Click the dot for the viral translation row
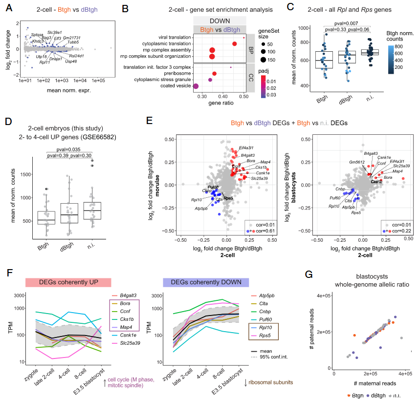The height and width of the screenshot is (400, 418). tap(244, 38)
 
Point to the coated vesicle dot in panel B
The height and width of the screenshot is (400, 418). tap(196, 86)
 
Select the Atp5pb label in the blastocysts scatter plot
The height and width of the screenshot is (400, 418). tap(348, 207)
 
